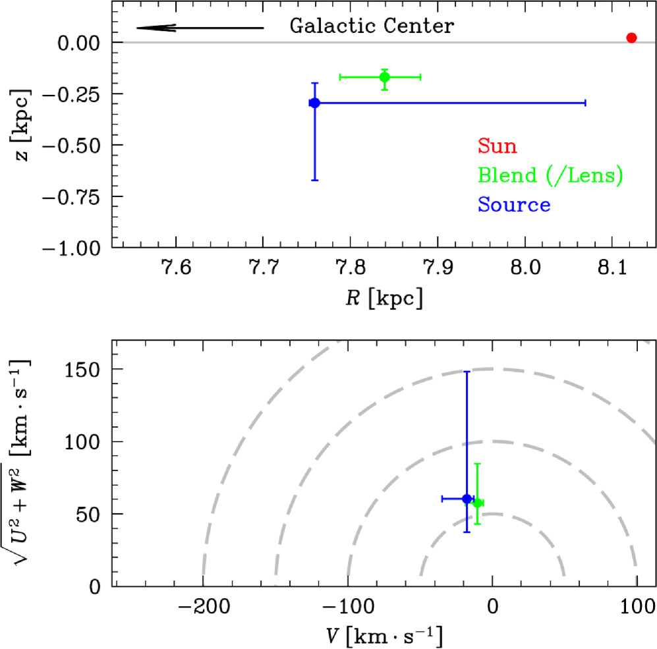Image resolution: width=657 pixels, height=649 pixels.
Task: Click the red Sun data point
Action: [x=631, y=38]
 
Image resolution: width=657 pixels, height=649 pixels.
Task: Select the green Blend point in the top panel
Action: [x=385, y=77]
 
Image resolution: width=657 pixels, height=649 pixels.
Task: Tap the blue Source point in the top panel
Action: [x=314, y=103]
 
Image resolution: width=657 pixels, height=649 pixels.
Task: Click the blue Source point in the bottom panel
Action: [x=467, y=499]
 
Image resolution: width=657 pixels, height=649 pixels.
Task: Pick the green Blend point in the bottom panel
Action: [x=478, y=503]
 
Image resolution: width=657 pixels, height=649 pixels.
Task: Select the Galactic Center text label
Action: [x=372, y=27]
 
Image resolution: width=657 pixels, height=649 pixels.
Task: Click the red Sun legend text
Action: [x=498, y=146]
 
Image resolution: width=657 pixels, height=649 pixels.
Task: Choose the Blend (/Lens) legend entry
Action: [x=550, y=175]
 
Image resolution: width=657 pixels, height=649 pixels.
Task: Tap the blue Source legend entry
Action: [x=514, y=205]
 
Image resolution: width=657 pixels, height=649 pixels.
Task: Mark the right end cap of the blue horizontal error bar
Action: [x=585, y=103]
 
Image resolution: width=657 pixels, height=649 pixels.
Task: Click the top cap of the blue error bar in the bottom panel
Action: [x=467, y=372]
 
